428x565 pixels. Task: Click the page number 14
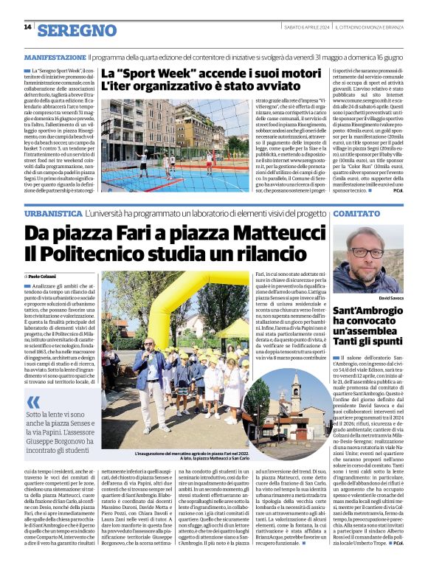[x=27, y=27]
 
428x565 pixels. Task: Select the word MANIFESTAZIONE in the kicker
[x=55, y=57]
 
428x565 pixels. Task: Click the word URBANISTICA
[x=53, y=213]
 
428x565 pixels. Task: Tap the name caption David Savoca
[x=391, y=298]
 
